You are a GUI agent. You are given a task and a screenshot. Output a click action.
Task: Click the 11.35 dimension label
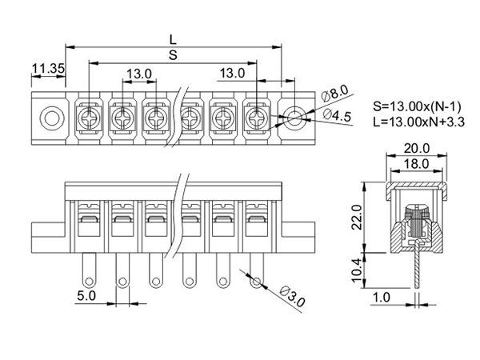[x=48, y=68]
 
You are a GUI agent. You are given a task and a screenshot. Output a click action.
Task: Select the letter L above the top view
[x=174, y=40]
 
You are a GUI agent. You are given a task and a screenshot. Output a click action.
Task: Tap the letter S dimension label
[x=174, y=55]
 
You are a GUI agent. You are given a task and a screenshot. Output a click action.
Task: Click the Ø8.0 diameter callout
[x=335, y=93]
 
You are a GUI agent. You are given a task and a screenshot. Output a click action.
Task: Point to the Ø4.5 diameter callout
[x=337, y=115]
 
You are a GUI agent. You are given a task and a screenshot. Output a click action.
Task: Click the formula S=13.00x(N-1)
[x=417, y=106]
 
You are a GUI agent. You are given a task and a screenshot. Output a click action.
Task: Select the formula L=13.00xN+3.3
[x=418, y=122]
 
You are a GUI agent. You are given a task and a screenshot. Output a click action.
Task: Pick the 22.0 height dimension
[x=357, y=218]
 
